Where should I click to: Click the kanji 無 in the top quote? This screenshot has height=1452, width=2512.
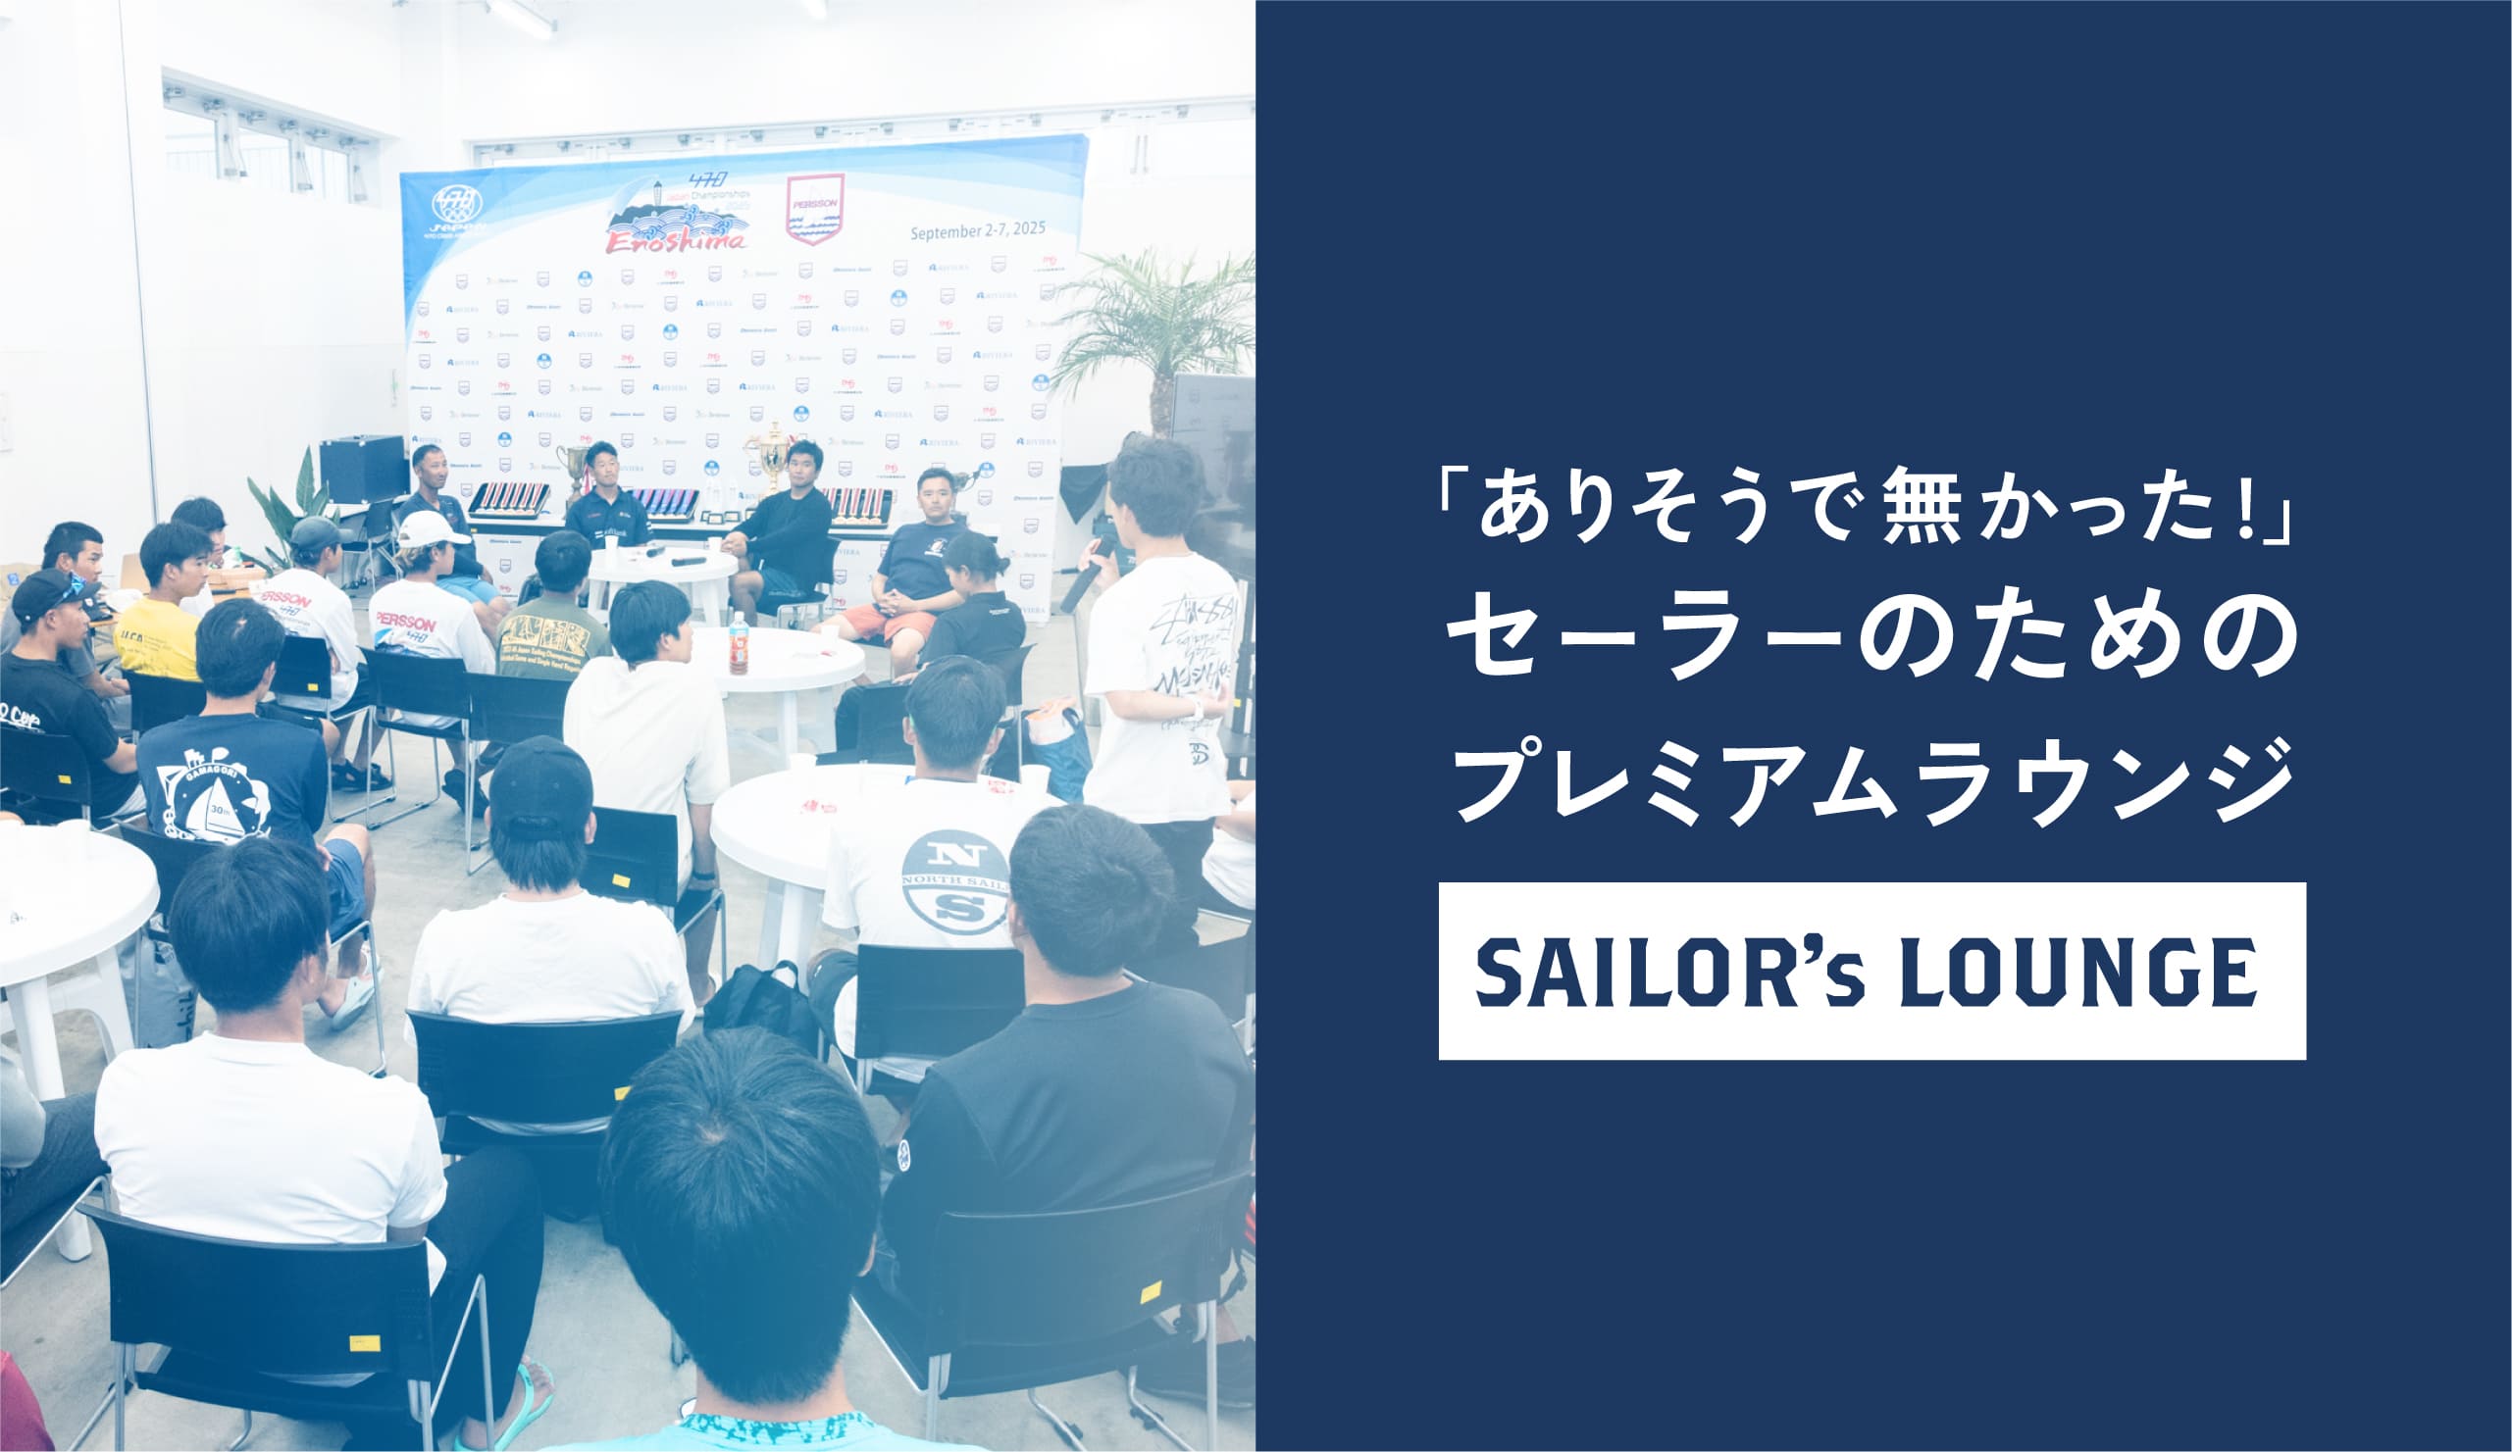[1922, 518]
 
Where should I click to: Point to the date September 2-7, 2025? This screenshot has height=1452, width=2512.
[977, 230]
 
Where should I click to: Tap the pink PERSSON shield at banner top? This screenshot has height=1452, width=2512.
[814, 207]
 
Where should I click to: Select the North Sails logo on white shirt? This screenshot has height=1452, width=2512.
[955, 882]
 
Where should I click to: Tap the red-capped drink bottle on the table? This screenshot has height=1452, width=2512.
[739, 643]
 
